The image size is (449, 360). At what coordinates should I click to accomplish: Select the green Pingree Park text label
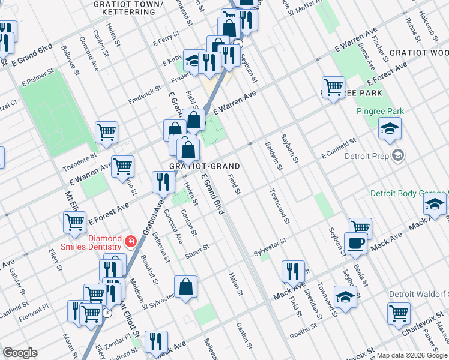pyautogui.click(x=379, y=111)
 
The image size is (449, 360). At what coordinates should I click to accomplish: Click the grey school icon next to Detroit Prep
pyautogui.click(x=397, y=156)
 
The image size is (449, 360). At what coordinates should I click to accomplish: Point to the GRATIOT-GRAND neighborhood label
pyautogui.click(x=205, y=166)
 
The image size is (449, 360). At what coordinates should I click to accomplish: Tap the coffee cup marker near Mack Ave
pyautogui.click(x=356, y=243)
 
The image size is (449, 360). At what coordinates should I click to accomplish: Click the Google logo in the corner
pyautogui.click(x=20, y=353)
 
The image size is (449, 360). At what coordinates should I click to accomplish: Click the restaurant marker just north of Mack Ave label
pyautogui.click(x=293, y=271)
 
